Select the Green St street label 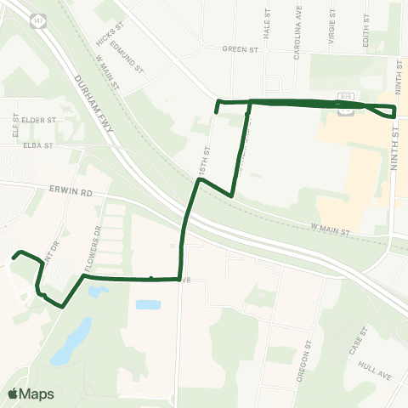pos(240,50)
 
